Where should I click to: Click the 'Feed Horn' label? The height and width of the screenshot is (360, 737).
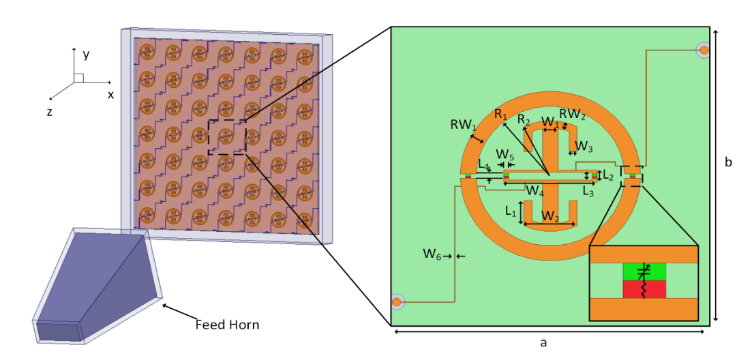(x=228, y=325)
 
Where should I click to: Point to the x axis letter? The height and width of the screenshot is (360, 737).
(x=110, y=95)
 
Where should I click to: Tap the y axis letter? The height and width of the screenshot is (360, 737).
(x=86, y=55)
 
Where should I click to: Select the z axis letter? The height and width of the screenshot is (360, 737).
(x=49, y=112)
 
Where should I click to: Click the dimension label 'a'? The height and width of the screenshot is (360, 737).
(x=543, y=342)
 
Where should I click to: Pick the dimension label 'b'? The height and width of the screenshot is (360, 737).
(x=727, y=162)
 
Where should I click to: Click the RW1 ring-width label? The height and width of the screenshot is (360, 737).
(x=464, y=125)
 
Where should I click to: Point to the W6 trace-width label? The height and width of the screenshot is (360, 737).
(x=432, y=254)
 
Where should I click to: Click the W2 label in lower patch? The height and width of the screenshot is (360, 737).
(x=550, y=216)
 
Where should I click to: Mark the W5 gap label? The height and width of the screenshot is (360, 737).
(x=503, y=154)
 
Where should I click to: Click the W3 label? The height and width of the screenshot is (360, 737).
(x=584, y=146)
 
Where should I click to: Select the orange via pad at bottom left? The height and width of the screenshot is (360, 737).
(x=397, y=301)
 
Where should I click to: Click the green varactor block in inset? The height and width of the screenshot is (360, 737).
(x=644, y=272)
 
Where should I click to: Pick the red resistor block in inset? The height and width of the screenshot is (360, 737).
(x=644, y=290)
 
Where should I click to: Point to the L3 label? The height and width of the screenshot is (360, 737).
(x=588, y=191)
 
